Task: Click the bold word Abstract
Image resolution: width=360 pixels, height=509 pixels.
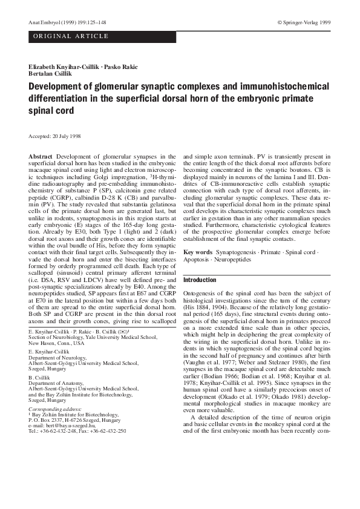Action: tap(41, 157)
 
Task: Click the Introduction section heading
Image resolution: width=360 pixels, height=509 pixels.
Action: tap(199, 280)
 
